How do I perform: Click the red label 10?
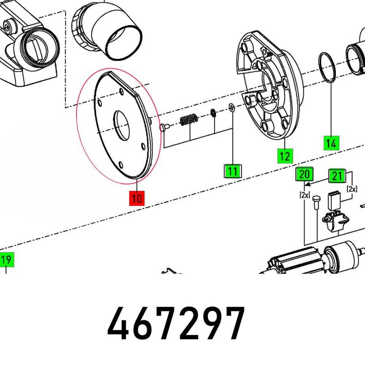tap(137, 198)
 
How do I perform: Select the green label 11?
tap(232, 171)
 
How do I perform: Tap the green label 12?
tap(285, 156)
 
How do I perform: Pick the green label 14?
tap(331, 143)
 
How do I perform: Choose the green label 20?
tap(304, 174)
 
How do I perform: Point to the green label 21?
tap(337, 176)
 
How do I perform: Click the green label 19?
tap(6, 260)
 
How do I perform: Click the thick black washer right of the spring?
tap(213, 112)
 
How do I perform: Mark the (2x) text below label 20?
tap(305, 195)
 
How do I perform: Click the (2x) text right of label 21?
tap(352, 189)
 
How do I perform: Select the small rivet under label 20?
tap(317, 201)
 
